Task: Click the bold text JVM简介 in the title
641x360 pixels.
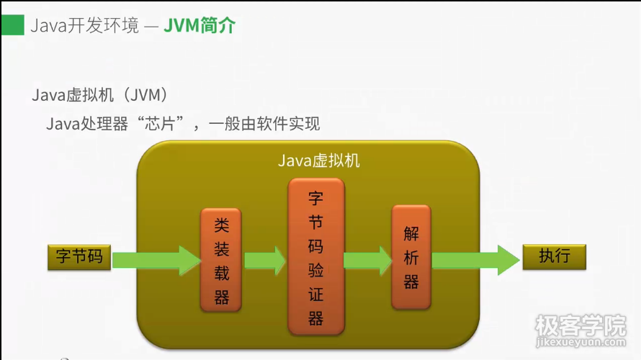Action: pos(200,27)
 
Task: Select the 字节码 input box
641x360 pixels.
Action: pos(79,257)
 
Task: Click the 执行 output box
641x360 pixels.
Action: pos(554,257)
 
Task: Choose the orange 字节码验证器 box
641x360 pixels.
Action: pos(315,258)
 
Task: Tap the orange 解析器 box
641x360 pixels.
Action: pos(411,257)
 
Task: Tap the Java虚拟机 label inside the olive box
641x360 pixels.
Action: pos(318,161)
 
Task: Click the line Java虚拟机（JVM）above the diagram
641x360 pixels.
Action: pos(100,95)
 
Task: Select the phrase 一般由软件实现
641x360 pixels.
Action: pos(264,124)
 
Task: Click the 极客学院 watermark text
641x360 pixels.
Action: pos(581,327)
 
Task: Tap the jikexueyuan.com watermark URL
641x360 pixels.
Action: pos(581,346)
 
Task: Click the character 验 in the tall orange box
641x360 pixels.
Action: pos(315,270)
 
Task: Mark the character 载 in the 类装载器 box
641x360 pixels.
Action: pos(221,273)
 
